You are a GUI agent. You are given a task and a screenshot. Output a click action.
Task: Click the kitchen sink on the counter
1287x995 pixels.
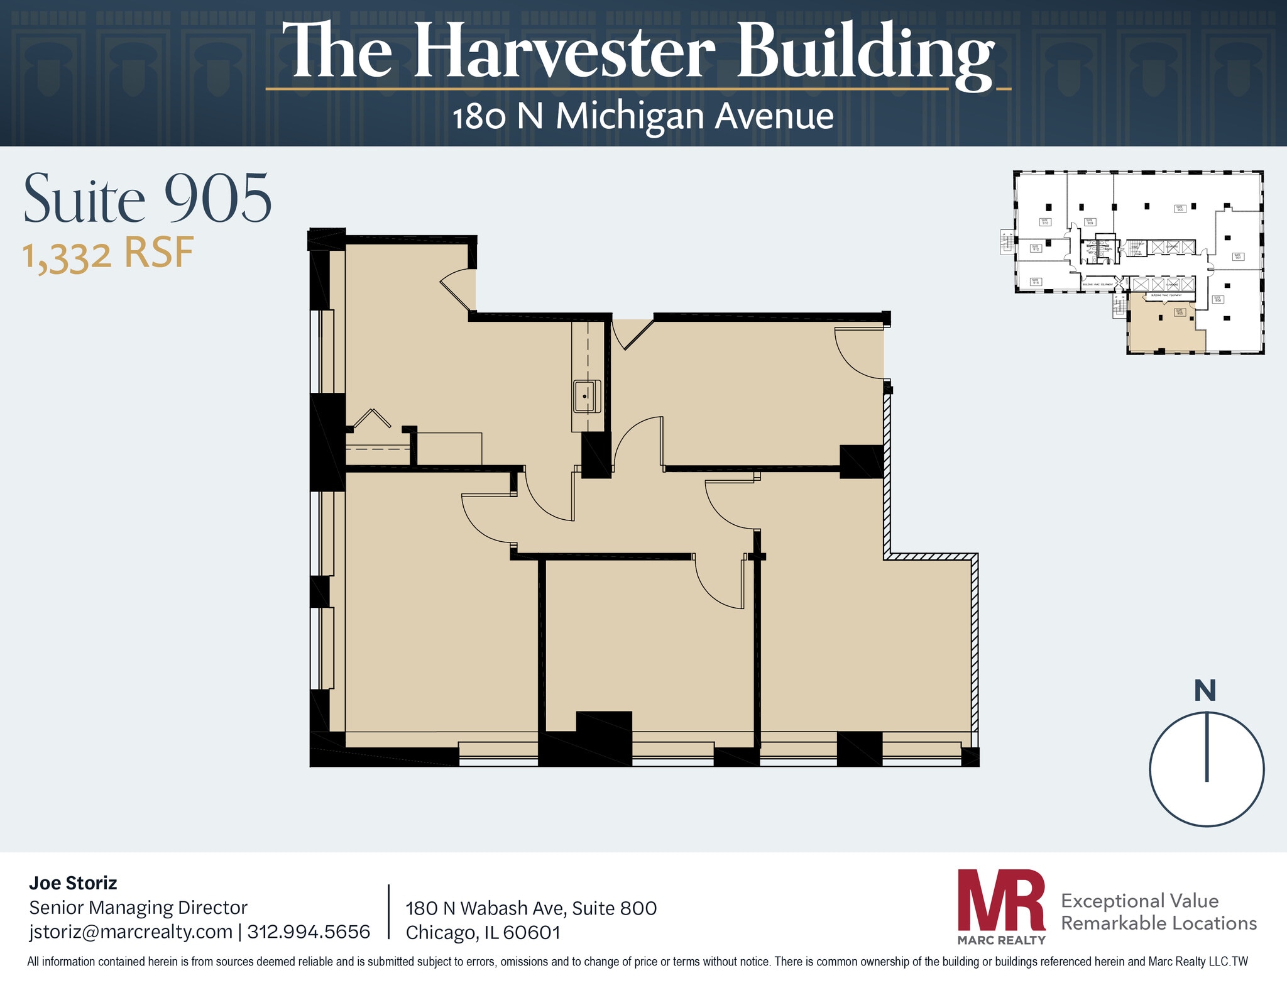586,396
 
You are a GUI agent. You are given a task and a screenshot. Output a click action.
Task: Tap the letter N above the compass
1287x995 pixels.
1205,691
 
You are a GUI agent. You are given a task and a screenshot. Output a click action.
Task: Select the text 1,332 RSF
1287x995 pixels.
108,254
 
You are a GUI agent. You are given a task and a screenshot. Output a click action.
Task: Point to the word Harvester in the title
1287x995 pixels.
564,52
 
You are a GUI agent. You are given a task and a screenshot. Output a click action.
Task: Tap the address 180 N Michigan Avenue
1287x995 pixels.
643,116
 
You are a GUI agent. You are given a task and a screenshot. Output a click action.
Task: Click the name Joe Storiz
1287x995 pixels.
73,883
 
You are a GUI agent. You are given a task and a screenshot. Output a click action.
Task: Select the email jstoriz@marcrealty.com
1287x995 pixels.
131,932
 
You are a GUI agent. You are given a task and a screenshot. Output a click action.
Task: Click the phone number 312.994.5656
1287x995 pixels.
309,932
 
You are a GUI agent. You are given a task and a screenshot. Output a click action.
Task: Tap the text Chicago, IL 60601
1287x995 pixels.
483,933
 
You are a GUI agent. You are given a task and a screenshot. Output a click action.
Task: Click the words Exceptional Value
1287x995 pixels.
1139,901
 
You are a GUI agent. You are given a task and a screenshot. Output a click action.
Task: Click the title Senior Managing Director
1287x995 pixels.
138,908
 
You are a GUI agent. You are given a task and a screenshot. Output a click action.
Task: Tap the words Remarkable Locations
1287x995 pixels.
1159,923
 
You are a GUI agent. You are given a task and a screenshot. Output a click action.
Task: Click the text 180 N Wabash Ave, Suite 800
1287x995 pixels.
531,908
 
